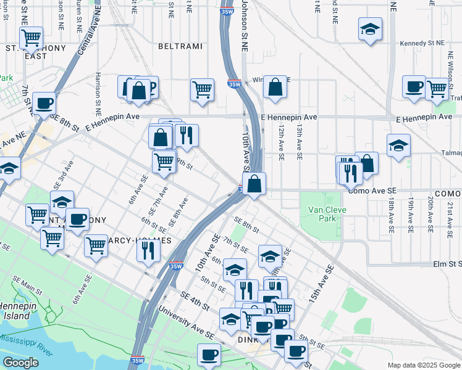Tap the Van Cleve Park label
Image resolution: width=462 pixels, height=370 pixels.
[x=327, y=214]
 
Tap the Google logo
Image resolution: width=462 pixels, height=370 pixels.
[x=20, y=363]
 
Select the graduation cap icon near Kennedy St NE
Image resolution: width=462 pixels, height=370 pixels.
[x=370, y=29]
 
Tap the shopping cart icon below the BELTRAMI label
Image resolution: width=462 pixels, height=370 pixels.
[x=202, y=90]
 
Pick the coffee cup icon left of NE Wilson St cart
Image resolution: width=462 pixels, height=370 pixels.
[x=413, y=87]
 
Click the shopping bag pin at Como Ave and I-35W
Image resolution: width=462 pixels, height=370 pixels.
[x=254, y=183]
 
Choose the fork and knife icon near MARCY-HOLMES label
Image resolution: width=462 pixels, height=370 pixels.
[x=148, y=250]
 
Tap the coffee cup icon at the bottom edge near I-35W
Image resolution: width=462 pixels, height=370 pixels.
[x=209, y=355]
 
